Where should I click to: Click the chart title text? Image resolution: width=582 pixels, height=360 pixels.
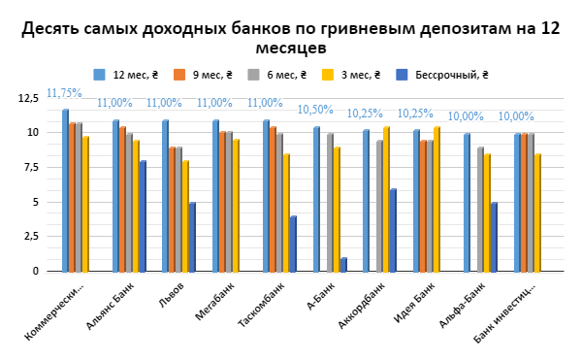pos(291,38)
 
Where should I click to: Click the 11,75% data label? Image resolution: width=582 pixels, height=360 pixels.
pos(65,94)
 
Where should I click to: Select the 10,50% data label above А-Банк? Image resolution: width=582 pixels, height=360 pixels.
pos(315,110)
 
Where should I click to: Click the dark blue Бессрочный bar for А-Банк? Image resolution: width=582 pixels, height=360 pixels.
pos(344,264)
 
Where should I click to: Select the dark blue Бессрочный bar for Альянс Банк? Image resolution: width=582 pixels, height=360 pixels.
pos(143,216)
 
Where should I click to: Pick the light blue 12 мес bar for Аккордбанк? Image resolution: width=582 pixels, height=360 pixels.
pos(367,201)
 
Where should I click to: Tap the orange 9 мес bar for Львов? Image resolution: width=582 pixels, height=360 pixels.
pos(172,209)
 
